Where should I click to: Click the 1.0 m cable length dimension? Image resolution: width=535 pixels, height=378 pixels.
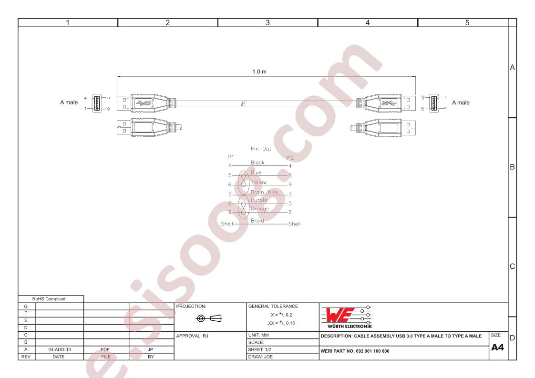(x=259, y=72)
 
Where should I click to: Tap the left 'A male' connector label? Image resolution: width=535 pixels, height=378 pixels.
(x=69, y=102)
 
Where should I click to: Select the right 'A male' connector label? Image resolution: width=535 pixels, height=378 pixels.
(x=461, y=102)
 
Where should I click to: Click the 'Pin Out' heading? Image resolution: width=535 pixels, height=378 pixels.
(x=261, y=149)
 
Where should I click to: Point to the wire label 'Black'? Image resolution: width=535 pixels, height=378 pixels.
(x=257, y=163)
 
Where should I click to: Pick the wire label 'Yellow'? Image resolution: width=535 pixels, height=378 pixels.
(x=258, y=182)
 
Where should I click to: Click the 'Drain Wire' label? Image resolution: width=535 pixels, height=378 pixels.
(x=264, y=192)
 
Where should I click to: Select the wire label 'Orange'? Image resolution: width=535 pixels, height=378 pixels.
(x=260, y=208)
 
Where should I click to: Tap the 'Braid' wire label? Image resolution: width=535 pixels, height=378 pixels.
(x=257, y=221)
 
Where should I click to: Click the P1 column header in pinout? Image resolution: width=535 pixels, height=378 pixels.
(x=231, y=157)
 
